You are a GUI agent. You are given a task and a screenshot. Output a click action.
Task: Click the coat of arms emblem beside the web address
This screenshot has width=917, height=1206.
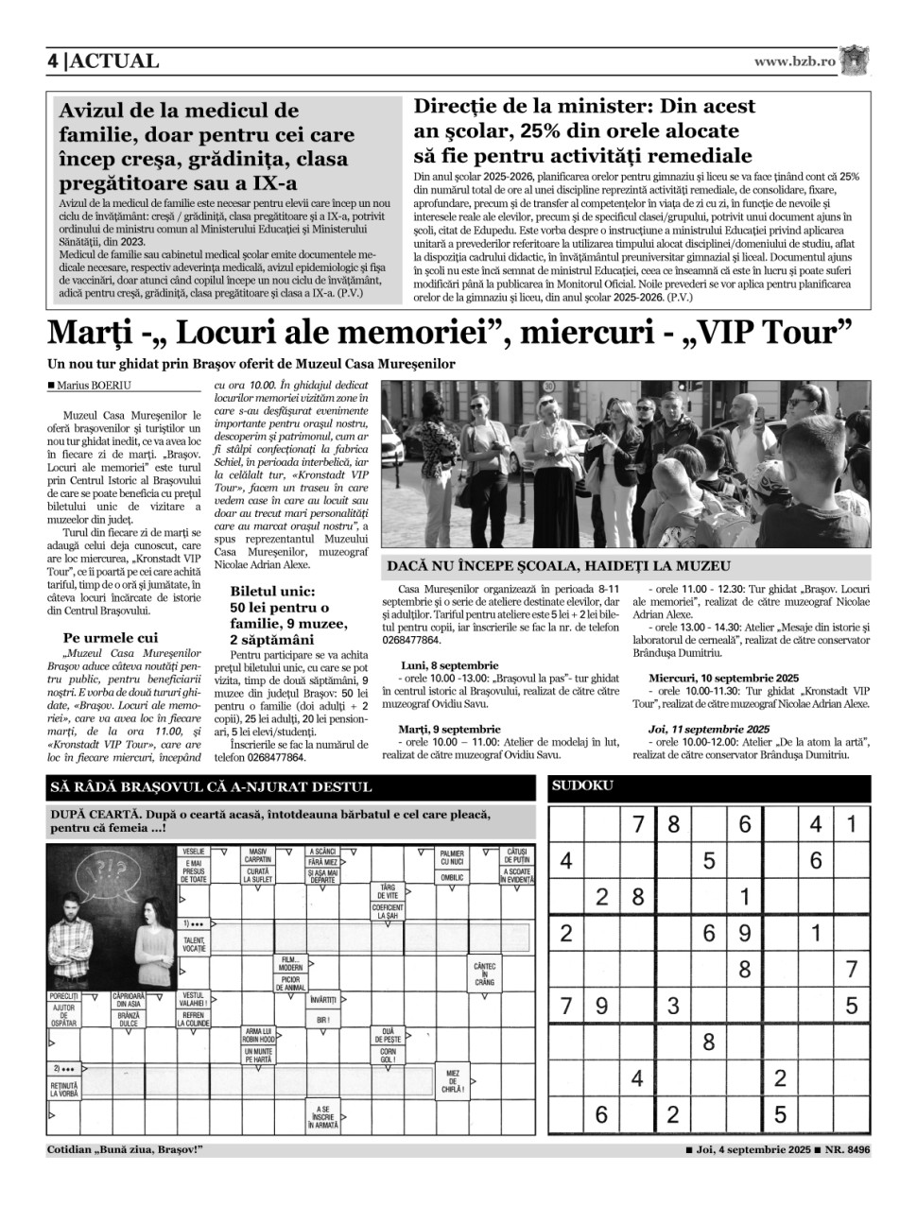click(x=856, y=60)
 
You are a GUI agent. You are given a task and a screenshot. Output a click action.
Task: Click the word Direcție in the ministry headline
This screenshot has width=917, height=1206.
click(x=463, y=107)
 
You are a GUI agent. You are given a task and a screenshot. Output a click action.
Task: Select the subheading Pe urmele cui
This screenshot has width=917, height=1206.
click(x=111, y=638)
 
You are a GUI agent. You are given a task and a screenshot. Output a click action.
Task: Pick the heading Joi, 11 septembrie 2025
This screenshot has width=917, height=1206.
click(x=709, y=730)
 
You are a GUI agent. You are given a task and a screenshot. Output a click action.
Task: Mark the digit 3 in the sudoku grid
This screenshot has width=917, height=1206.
click(x=673, y=1005)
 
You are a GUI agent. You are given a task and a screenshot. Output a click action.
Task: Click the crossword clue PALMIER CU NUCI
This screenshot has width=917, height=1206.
click(x=452, y=857)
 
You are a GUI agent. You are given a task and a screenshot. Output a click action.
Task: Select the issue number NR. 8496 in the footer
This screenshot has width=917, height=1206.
click(x=844, y=1150)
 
